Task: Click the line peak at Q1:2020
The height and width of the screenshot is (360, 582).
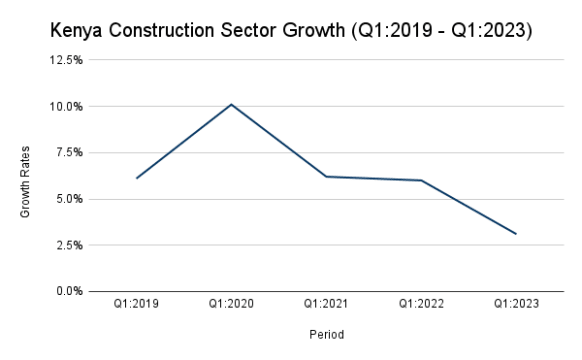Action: click(231, 104)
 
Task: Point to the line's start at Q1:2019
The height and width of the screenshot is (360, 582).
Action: click(136, 178)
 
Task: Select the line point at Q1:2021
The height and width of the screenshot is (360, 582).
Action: click(326, 177)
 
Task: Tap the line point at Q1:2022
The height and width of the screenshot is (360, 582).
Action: click(421, 180)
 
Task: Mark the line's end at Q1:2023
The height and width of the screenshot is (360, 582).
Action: click(516, 234)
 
